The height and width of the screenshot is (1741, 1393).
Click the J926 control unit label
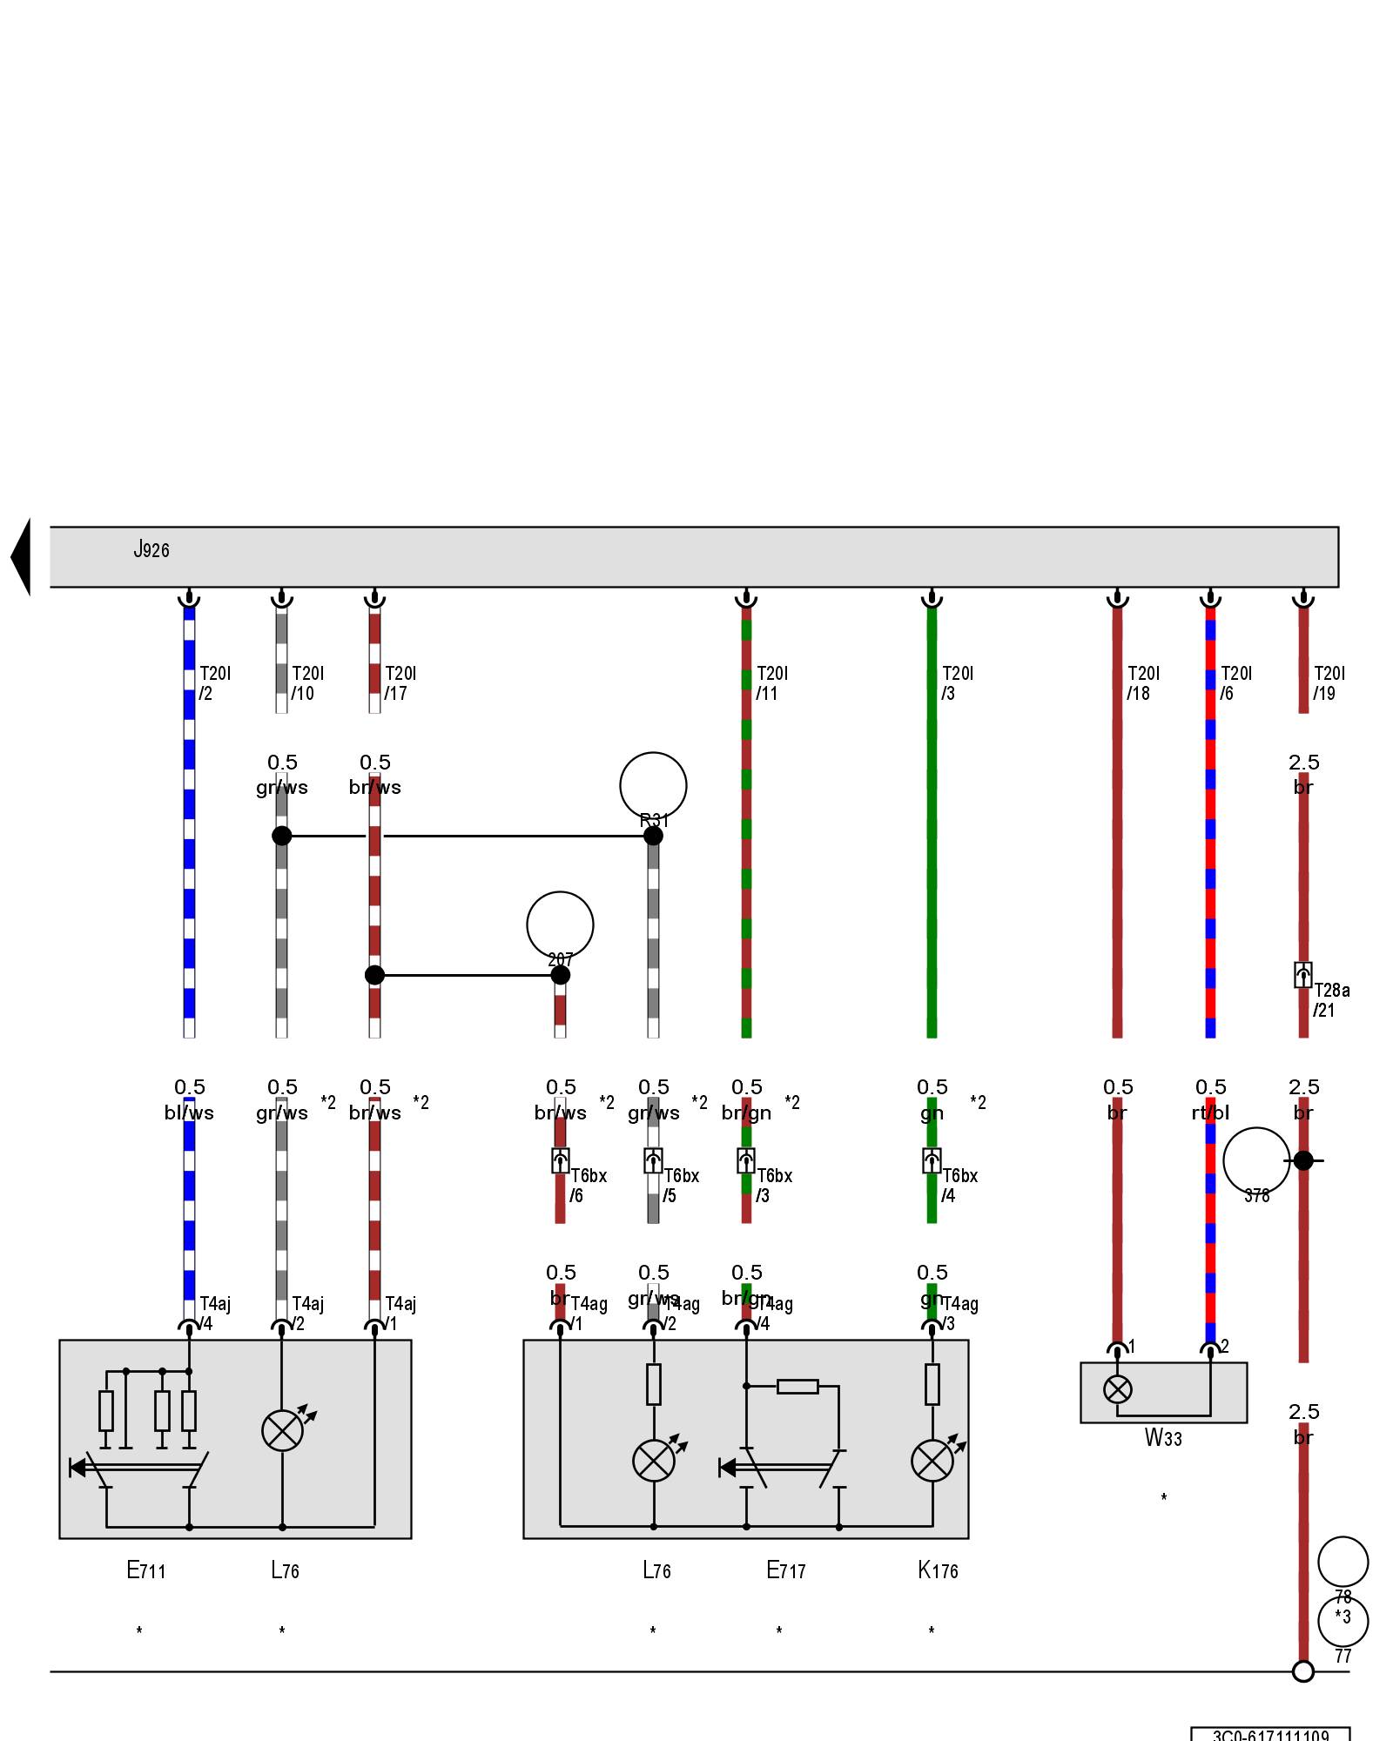point(151,549)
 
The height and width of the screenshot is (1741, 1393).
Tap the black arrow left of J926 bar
point(21,557)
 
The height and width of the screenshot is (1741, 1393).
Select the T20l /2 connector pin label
point(214,683)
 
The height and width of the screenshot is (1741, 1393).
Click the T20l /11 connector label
point(771,683)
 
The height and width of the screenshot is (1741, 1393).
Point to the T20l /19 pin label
point(1329,683)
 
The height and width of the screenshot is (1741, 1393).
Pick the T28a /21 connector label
point(1331,1000)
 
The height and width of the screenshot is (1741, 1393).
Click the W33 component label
point(1163,1437)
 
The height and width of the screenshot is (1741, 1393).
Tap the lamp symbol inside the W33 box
point(1118,1389)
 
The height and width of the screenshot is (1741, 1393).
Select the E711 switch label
point(145,1570)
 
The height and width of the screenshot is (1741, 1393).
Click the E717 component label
point(785,1570)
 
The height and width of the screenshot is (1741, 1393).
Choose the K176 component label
point(938,1570)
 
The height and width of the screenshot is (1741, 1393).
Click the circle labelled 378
point(1256,1161)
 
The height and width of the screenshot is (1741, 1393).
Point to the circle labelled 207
point(560,924)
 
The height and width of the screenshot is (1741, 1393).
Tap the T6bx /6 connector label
point(588,1186)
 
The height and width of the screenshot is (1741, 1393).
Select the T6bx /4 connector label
point(959,1186)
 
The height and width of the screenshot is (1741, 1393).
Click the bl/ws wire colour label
point(189,1112)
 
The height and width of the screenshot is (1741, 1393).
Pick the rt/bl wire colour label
point(1210,1112)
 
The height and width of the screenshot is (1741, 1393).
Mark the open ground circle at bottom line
point(1303,1671)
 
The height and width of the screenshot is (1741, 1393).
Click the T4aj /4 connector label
point(214,1314)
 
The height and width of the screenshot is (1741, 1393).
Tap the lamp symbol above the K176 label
point(932,1461)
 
